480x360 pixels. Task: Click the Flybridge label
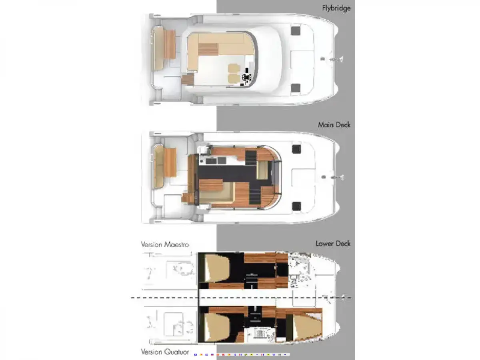[336, 8]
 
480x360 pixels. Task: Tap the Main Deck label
[334, 125]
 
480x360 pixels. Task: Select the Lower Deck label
[333, 244]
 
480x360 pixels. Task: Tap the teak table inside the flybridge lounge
[208, 49]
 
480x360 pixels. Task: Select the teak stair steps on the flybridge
[188, 79]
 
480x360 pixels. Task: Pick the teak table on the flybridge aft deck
[170, 44]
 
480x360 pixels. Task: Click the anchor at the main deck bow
[338, 177]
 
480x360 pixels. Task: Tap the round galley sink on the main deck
[201, 161]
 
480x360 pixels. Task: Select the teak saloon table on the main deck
[211, 185]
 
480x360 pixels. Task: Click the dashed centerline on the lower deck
[241, 298]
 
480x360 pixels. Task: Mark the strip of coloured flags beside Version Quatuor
[242, 354]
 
